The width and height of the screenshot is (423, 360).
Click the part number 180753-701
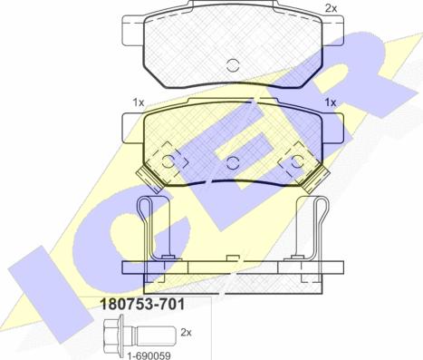(142, 305)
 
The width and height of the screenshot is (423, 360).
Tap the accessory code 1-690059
(149, 355)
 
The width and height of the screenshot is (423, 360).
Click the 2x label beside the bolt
(186, 333)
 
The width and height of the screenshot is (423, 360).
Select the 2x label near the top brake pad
(331, 9)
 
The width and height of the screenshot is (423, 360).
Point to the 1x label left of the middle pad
(139, 102)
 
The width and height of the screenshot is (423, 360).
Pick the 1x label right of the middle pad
(331, 102)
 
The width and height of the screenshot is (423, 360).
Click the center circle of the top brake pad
(233, 65)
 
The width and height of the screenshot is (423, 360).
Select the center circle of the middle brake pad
(233, 162)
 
